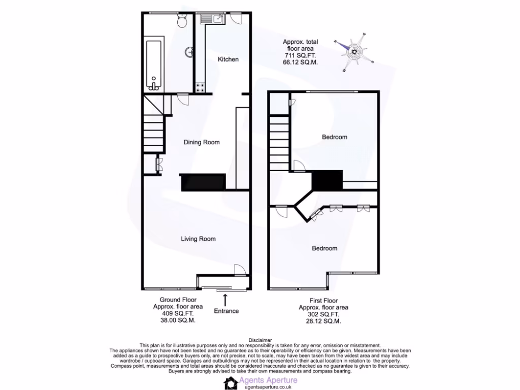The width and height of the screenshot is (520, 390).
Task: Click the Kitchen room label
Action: point(228,59)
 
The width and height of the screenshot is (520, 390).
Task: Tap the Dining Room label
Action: point(202,142)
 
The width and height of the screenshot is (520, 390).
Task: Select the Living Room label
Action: point(198,239)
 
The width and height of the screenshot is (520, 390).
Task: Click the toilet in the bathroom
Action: point(182,21)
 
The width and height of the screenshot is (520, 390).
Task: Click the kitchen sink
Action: point(212,20)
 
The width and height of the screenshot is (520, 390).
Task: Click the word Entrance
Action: point(226,311)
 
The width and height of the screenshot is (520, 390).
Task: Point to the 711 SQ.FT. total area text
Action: point(299,55)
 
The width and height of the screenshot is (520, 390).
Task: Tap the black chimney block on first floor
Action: point(327,180)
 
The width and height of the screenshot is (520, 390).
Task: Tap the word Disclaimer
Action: point(260,340)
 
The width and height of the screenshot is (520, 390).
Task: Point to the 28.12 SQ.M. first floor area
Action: point(323,321)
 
